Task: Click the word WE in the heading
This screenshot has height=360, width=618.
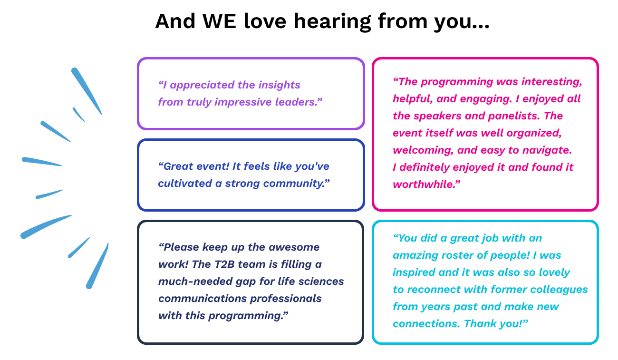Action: pyautogui.click(x=219, y=21)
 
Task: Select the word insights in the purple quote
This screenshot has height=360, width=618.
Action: pyautogui.click(x=279, y=85)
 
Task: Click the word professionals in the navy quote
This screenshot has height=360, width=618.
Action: pyautogui.click(x=286, y=299)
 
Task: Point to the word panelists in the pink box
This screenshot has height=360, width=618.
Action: pyautogui.click(x=513, y=116)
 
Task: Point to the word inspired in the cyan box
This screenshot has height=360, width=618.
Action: pyautogui.click(x=414, y=272)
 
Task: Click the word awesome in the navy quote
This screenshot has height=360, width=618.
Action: pyautogui.click(x=294, y=247)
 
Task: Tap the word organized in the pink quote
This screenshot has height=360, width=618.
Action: pyautogui.click(x=533, y=133)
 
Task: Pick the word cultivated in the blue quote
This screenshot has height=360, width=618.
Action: pyautogui.click(x=185, y=184)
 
